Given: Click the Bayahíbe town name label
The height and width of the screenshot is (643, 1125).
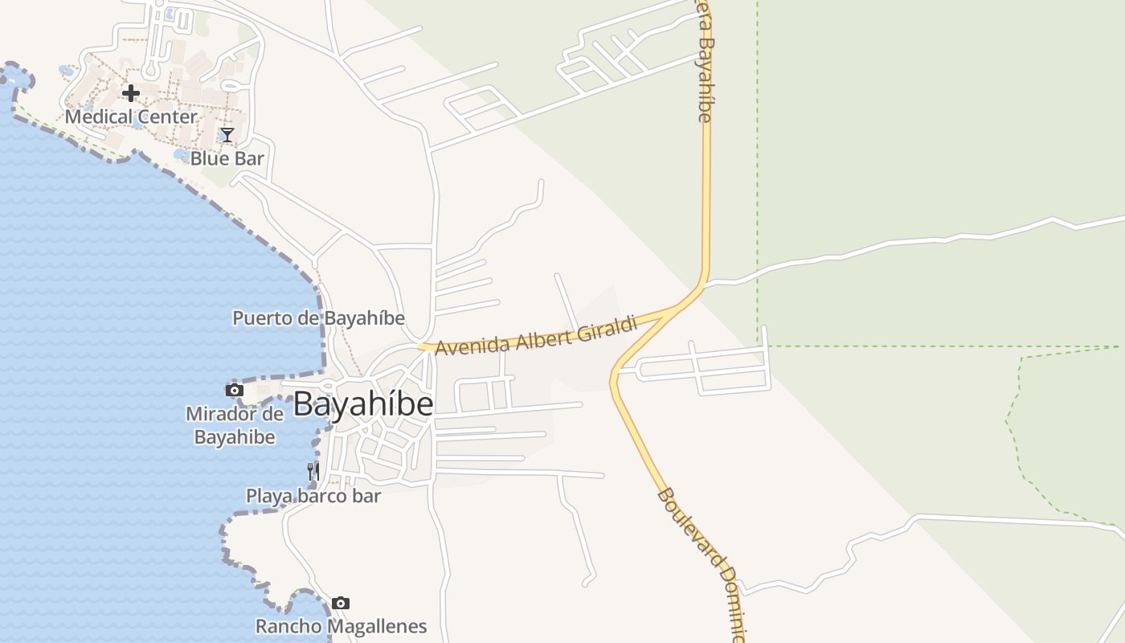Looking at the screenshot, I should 363,403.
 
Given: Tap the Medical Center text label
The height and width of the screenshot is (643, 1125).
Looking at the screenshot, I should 131,117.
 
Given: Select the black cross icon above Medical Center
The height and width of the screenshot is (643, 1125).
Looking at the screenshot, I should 131,93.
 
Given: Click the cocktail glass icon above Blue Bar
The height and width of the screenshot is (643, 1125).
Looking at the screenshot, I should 227,135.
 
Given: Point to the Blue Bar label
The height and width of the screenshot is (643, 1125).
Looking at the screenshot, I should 227,158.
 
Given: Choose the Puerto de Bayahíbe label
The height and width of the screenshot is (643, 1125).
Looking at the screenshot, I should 318,317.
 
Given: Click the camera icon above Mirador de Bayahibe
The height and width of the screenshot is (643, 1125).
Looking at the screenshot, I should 235,391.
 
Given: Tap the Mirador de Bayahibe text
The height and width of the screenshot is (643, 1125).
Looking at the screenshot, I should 235,426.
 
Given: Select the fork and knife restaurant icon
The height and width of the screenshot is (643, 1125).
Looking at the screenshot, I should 313,471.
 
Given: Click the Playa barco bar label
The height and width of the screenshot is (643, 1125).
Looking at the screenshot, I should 313,496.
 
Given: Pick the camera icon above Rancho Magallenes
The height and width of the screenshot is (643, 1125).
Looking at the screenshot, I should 341,603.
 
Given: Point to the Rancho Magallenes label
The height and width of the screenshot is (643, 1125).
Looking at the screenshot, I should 341,626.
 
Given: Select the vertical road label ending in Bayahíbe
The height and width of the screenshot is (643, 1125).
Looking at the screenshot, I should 705,60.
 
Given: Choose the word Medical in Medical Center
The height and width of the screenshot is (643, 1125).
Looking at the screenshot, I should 96,117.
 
